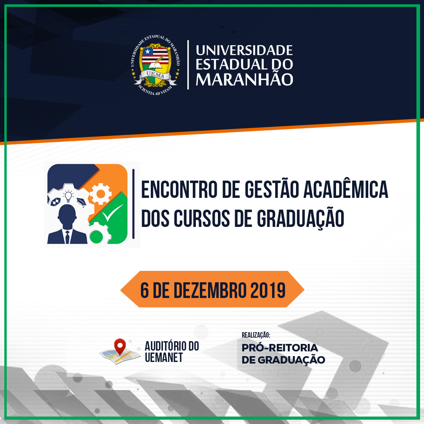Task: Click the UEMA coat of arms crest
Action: tap(155, 65)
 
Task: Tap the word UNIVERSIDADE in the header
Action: tap(244, 50)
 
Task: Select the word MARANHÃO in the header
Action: tap(244, 79)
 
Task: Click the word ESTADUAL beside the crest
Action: tap(232, 64)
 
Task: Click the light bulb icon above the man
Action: tap(68, 196)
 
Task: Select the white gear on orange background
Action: tap(101, 194)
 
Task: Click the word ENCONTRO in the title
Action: tap(179, 190)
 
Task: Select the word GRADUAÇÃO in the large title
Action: tap(300, 219)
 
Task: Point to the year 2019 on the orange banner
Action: tap(268, 291)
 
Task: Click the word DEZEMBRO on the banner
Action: tap(210, 291)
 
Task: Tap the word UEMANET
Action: tap(164, 358)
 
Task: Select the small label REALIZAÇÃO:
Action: tap(256, 335)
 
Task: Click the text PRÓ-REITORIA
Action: tap(280, 348)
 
